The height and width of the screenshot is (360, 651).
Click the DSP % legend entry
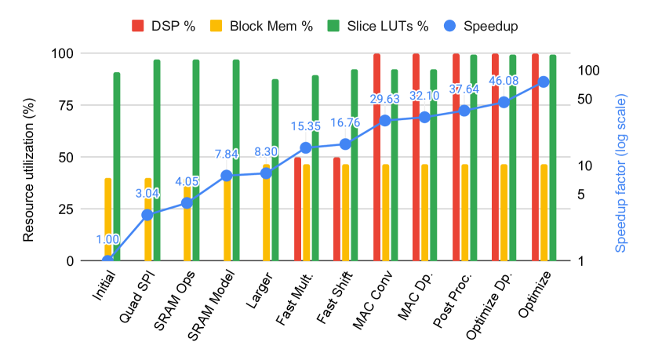click(x=165, y=26)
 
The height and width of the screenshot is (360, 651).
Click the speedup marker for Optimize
click(x=543, y=82)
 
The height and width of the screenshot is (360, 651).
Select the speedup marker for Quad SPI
click(x=147, y=214)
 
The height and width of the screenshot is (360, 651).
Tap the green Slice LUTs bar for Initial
click(x=117, y=166)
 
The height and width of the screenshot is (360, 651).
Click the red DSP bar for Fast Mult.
click(x=297, y=209)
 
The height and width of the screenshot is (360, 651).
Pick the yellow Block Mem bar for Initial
click(x=107, y=219)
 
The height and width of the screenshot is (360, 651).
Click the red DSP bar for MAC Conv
click(x=376, y=157)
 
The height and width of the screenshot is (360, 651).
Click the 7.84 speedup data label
click(x=226, y=154)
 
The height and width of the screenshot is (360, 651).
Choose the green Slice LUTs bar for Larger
click(x=275, y=169)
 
